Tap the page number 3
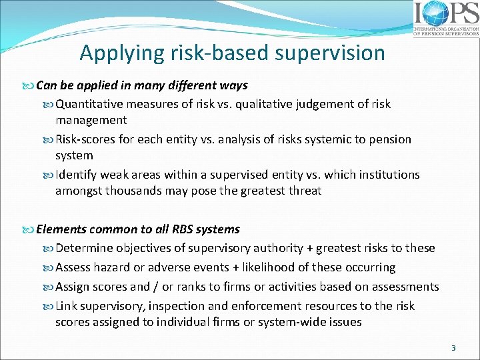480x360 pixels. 453,348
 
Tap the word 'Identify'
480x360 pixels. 77,175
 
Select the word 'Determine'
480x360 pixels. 85,249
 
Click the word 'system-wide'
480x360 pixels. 293,322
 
